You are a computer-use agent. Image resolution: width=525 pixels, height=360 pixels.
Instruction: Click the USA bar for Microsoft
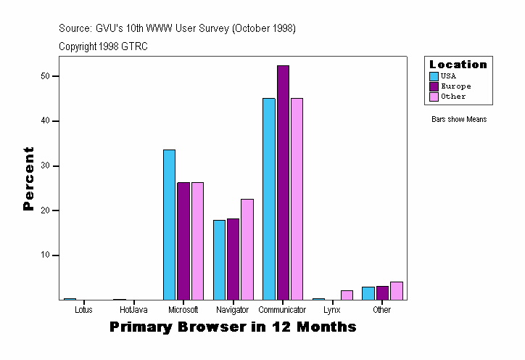coord(169,224)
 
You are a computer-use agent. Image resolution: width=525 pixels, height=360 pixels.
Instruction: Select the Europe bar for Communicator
coord(283,182)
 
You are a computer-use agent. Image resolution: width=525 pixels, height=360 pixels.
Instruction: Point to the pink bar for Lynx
coord(347,295)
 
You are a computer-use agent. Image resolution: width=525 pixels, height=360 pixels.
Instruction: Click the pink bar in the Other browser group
coord(396,290)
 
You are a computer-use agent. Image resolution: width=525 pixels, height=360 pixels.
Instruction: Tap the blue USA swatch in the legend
coord(434,76)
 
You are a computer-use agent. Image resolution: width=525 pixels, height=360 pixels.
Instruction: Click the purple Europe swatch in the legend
coord(434,86)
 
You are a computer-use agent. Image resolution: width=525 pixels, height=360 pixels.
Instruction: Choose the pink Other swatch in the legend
coord(434,97)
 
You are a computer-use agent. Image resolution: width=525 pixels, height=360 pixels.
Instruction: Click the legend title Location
coord(458,65)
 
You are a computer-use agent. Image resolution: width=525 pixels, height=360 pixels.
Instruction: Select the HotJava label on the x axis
coord(133,310)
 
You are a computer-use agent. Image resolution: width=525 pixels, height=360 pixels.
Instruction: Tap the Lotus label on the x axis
coord(83,310)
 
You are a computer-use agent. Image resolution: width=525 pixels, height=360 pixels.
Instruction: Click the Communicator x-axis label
coord(283,310)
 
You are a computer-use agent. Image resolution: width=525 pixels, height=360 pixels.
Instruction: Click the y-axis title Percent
coord(29,179)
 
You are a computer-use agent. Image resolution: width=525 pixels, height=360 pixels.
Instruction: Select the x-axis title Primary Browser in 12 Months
coord(233,327)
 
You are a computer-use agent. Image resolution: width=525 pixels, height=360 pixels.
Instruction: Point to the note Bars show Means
coord(459,119)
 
